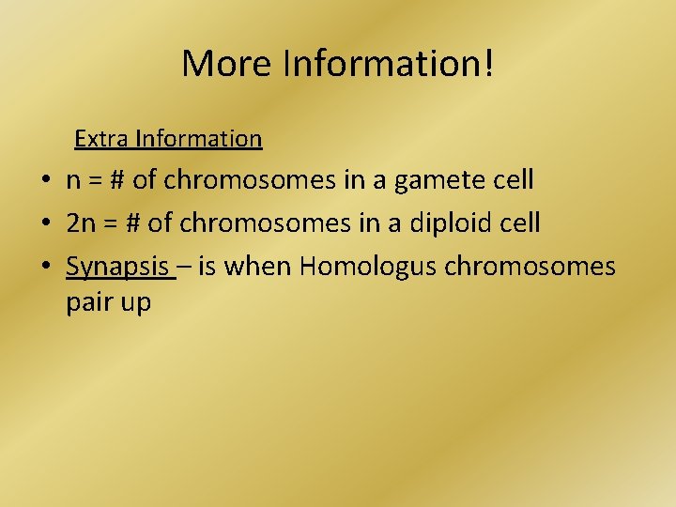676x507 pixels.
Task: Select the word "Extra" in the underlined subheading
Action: click(x=102, y=139)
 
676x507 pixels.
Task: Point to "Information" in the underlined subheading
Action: click(x=198, y=139)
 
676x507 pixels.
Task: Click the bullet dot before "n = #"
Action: click(x=44, y=180)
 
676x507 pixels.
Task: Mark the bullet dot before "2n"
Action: click(x=44, y=223)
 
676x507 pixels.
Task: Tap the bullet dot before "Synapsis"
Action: click(x=44, y=267)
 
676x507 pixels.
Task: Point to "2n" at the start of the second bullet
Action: click(x=81, y=223)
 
